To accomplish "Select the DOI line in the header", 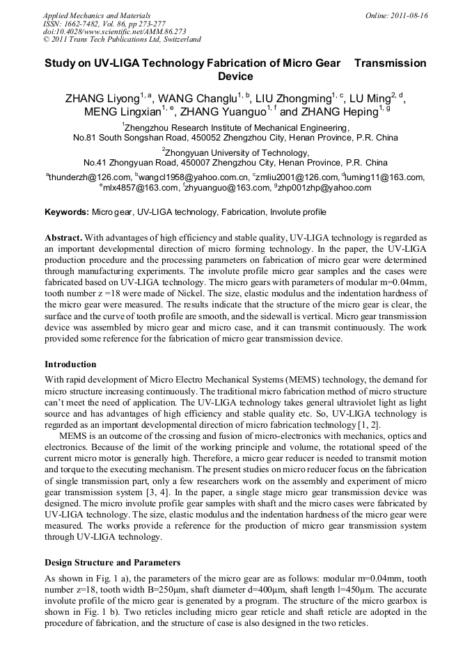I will (107, 31).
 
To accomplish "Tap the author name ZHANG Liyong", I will (102, 99).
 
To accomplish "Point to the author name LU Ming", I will (364, 99).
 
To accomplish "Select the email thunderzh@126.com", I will (89, 177).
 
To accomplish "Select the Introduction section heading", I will (70, 364).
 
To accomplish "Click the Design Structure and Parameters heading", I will (112, 562).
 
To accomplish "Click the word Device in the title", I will (235, 77).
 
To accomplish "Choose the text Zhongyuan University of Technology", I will (237, 152).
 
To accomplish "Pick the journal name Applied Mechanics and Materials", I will (96, 15).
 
